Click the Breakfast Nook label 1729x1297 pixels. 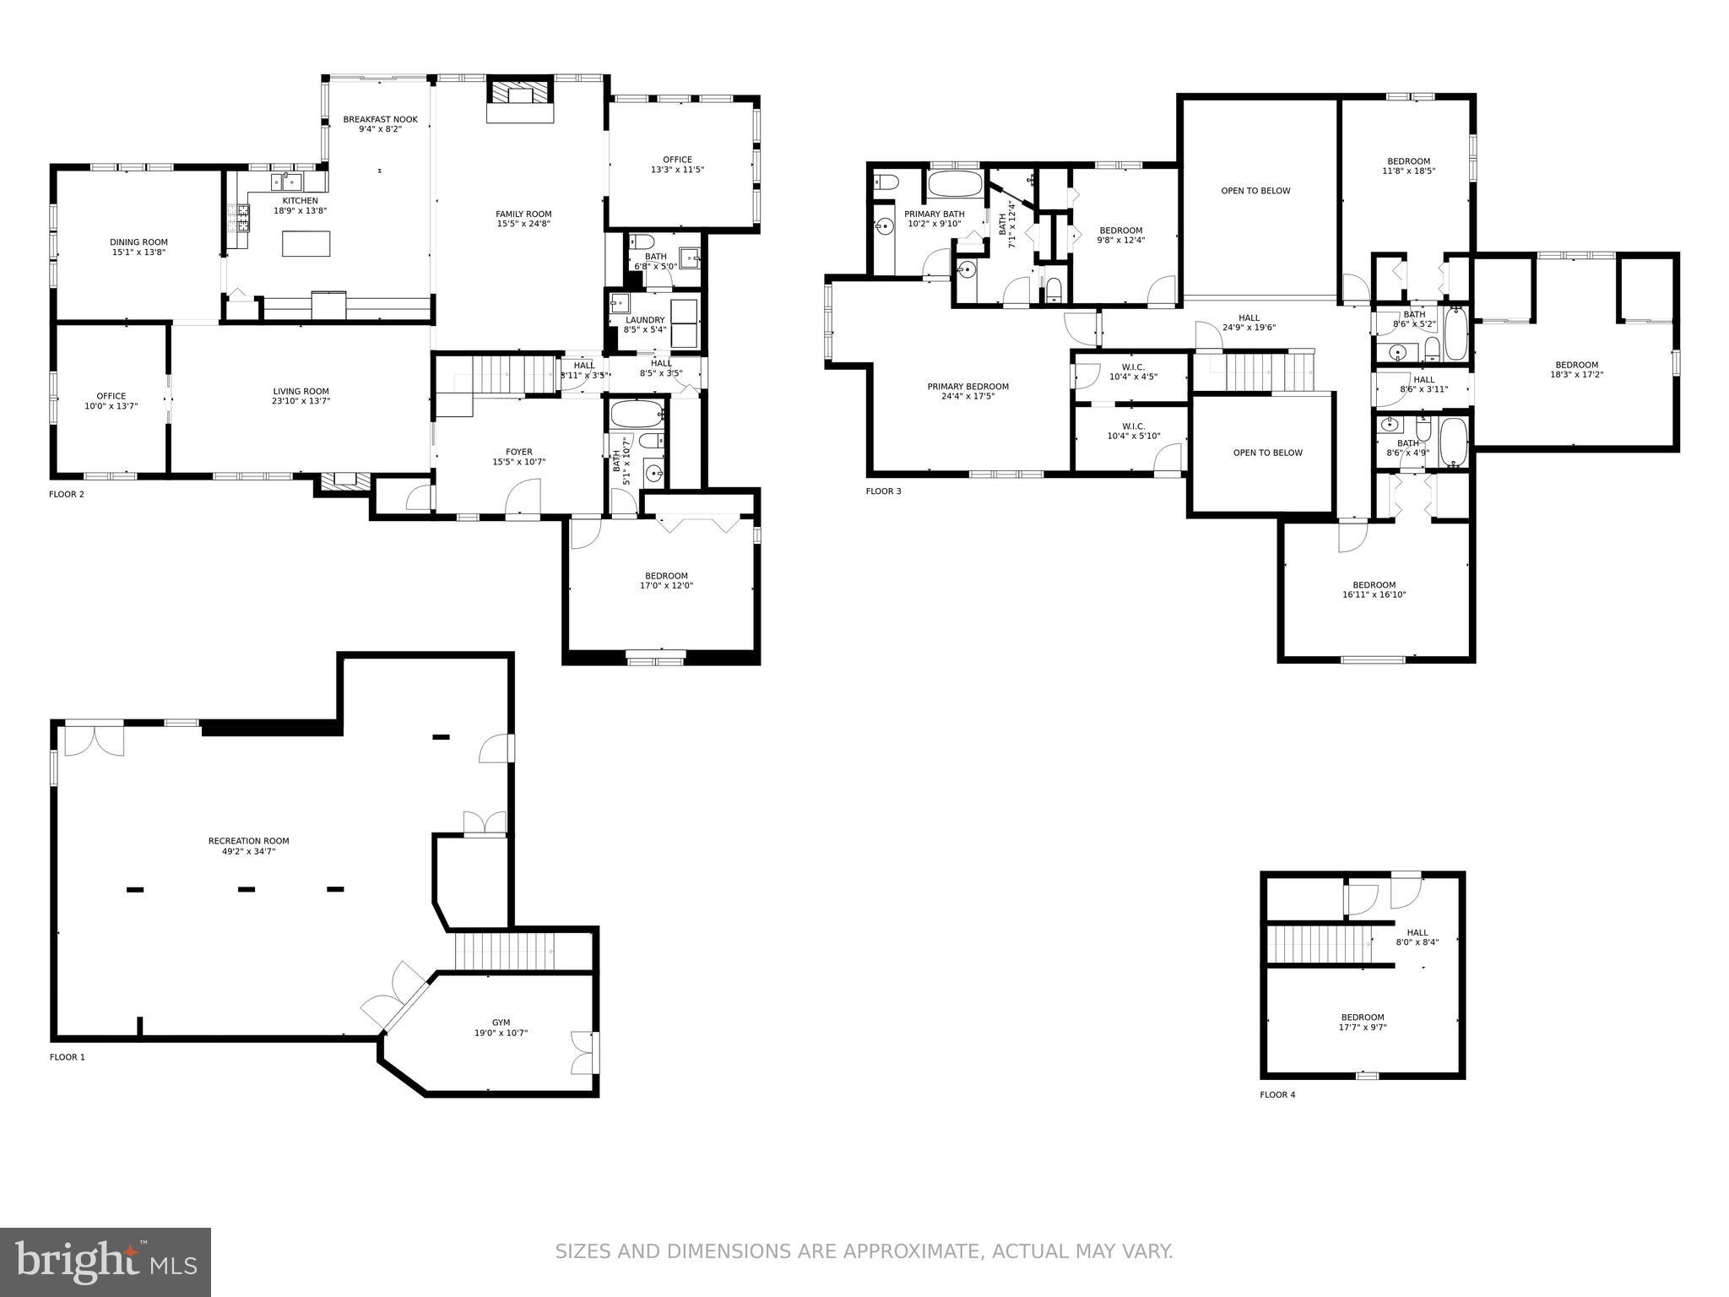pos(380,120)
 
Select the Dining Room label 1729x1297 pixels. pos(138,242)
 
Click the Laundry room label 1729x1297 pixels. pos(645,320)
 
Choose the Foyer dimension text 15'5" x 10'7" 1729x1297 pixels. pos(519,462)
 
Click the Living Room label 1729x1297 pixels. pos(301,391)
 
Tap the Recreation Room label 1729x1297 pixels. pos(248,841)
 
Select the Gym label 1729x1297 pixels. pos(501,1023)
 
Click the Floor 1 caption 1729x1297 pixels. pos(68,1057)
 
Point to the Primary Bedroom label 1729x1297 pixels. pos(967,387)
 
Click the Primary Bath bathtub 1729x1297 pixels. pos(955,183)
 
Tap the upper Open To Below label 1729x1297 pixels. pos(1255,191)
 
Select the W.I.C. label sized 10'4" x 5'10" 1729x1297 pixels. pos(1133,426)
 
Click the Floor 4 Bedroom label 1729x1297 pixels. pos(1363,1018)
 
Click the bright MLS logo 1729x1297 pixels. pos(106,1262)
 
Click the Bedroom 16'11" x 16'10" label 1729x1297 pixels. pos(1374,585)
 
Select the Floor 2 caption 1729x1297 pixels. pos(67,494)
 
